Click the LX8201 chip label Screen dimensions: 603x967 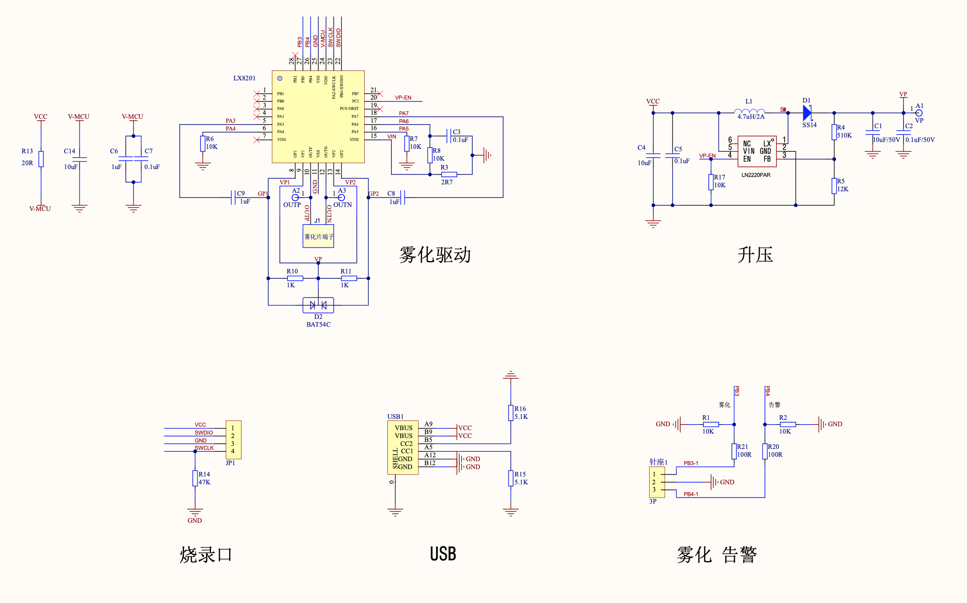click(244, 78)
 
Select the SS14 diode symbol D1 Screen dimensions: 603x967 click(807, 113)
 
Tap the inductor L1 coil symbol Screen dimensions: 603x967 click(749, 112)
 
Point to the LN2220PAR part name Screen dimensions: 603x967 click(756, 175)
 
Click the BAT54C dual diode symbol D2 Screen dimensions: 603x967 click(318, 305)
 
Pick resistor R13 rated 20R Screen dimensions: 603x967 click(41, 159)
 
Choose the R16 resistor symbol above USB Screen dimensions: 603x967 click(511, 413)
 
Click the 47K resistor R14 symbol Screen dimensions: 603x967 click(195, 478)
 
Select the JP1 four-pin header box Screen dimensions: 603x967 click(233, 439)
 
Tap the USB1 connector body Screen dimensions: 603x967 click(403, 447)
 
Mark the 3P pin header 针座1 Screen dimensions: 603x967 click(656, 482)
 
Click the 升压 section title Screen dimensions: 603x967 click(755, 255)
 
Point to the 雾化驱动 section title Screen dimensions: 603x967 click(435, 255)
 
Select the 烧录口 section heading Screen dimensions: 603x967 click(206, 555)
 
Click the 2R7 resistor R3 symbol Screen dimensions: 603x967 click(449, 174)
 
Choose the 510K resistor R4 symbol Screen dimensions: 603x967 click(834, 132)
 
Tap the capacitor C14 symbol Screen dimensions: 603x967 click(79, 159)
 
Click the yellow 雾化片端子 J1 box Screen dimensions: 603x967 click(318, 236)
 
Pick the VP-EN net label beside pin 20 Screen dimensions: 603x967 click(403, 98)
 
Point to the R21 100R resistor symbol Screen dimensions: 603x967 click(734, 451)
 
